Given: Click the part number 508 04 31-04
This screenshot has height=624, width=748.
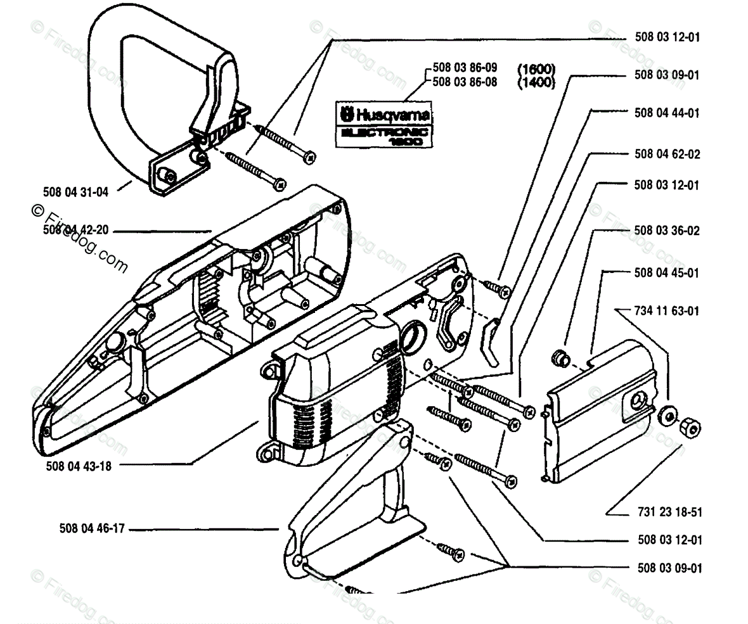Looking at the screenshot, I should pyautogui.click(x=76, y=192).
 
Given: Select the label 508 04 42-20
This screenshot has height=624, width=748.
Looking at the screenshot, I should pyautogui.click(x=76, y=231).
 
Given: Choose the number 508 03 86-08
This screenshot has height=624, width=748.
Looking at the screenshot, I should pyautogui.click(x=465, y=82).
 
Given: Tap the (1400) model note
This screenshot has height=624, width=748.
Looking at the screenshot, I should pyautogui.click(x=536, y=82).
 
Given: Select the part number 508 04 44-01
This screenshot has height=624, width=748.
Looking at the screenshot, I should pyautogui.click(x=667, y=113).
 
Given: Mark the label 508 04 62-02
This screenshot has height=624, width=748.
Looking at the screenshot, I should pyautogui.click(x=667, y=155).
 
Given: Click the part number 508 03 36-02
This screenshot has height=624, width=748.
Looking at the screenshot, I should pyautogui.click(x=667, y=231).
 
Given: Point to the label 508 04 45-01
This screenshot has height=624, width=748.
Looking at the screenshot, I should pyautogui.click(x=667, y=273).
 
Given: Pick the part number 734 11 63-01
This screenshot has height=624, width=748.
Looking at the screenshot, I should pyautogui.click(x=667, y=311).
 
